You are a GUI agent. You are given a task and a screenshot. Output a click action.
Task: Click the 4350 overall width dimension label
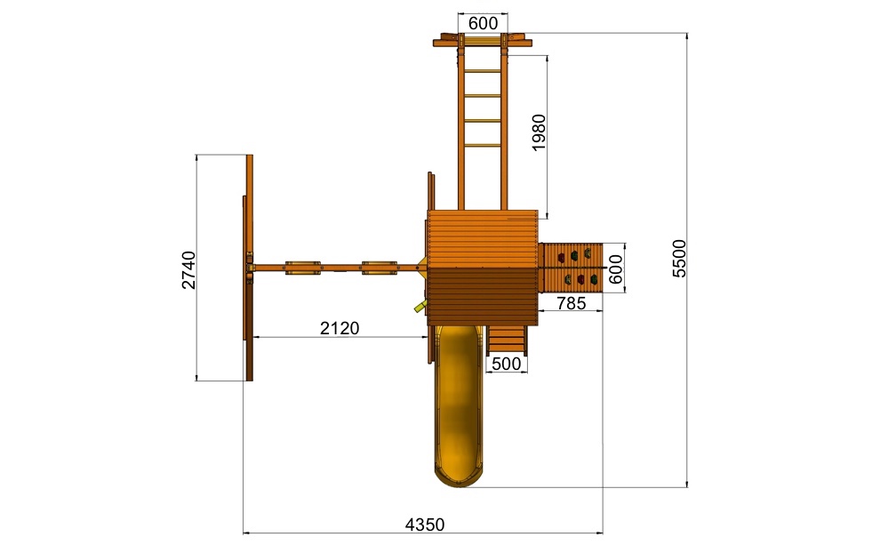425,525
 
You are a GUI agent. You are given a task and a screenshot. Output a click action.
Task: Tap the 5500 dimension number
679,258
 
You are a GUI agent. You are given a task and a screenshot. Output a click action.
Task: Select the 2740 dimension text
189,270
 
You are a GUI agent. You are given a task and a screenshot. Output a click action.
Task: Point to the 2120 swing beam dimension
340,328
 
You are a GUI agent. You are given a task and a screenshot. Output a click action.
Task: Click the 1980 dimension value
538,132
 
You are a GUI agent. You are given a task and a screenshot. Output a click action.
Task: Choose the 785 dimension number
572,303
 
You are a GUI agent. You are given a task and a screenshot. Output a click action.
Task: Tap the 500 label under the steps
507,364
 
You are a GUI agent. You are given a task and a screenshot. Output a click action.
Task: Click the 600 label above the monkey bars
483,23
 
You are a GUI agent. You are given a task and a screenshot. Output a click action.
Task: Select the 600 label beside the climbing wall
616,268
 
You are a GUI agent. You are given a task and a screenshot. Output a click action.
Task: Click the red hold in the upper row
561,258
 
